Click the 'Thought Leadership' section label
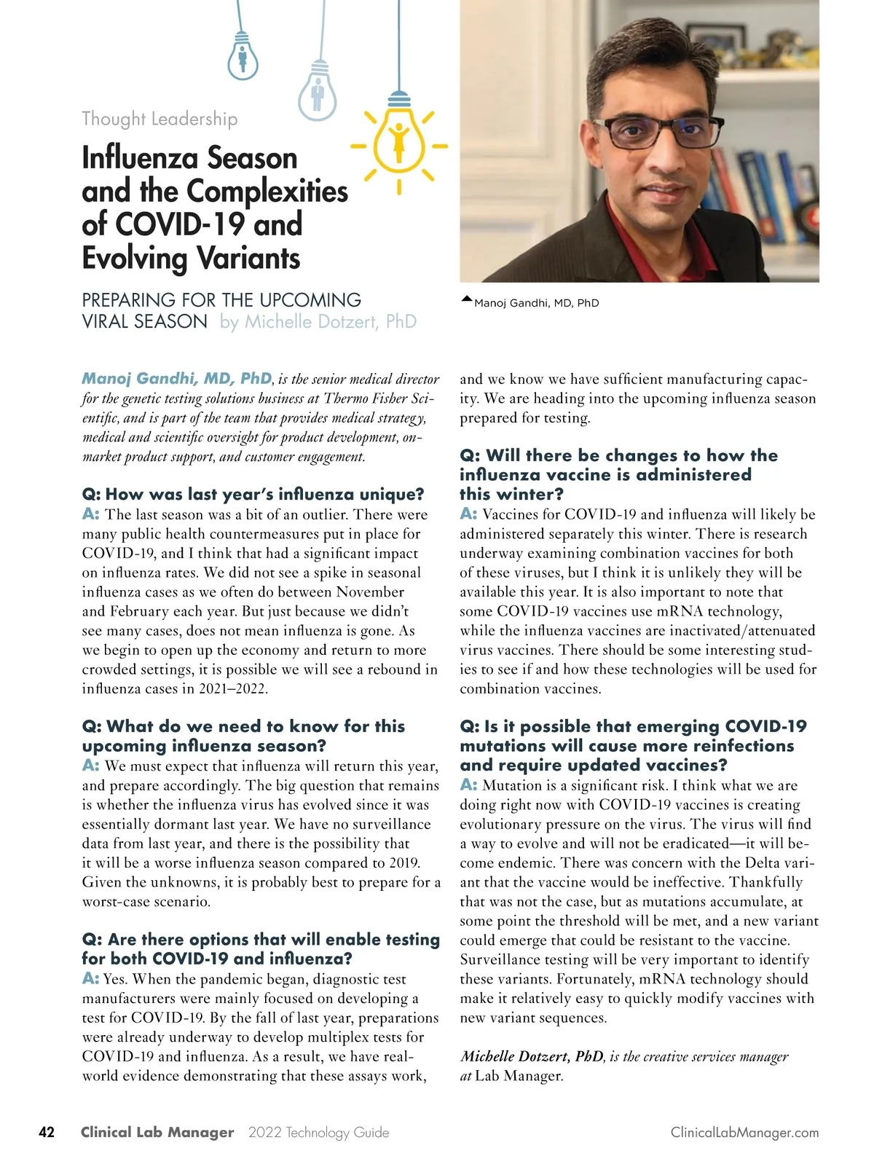click(x=160, y=119)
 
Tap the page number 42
click(x=47, y=1132)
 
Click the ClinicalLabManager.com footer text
click(x=744, y=1133)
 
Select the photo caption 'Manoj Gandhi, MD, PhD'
click(x=536, y=303)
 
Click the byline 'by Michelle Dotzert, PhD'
click(x=318, y=322)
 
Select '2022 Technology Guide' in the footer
click(x=318, y=1133)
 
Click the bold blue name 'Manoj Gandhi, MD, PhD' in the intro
click(x=176, y=379)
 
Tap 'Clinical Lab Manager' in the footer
click(x=157, y=1133)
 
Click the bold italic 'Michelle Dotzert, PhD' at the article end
click(x=532, y=1056)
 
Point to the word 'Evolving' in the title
click(x=135, y=259)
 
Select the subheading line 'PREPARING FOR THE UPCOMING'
click(x=221, y=300)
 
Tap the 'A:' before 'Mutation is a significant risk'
click(x=468, y=785)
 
